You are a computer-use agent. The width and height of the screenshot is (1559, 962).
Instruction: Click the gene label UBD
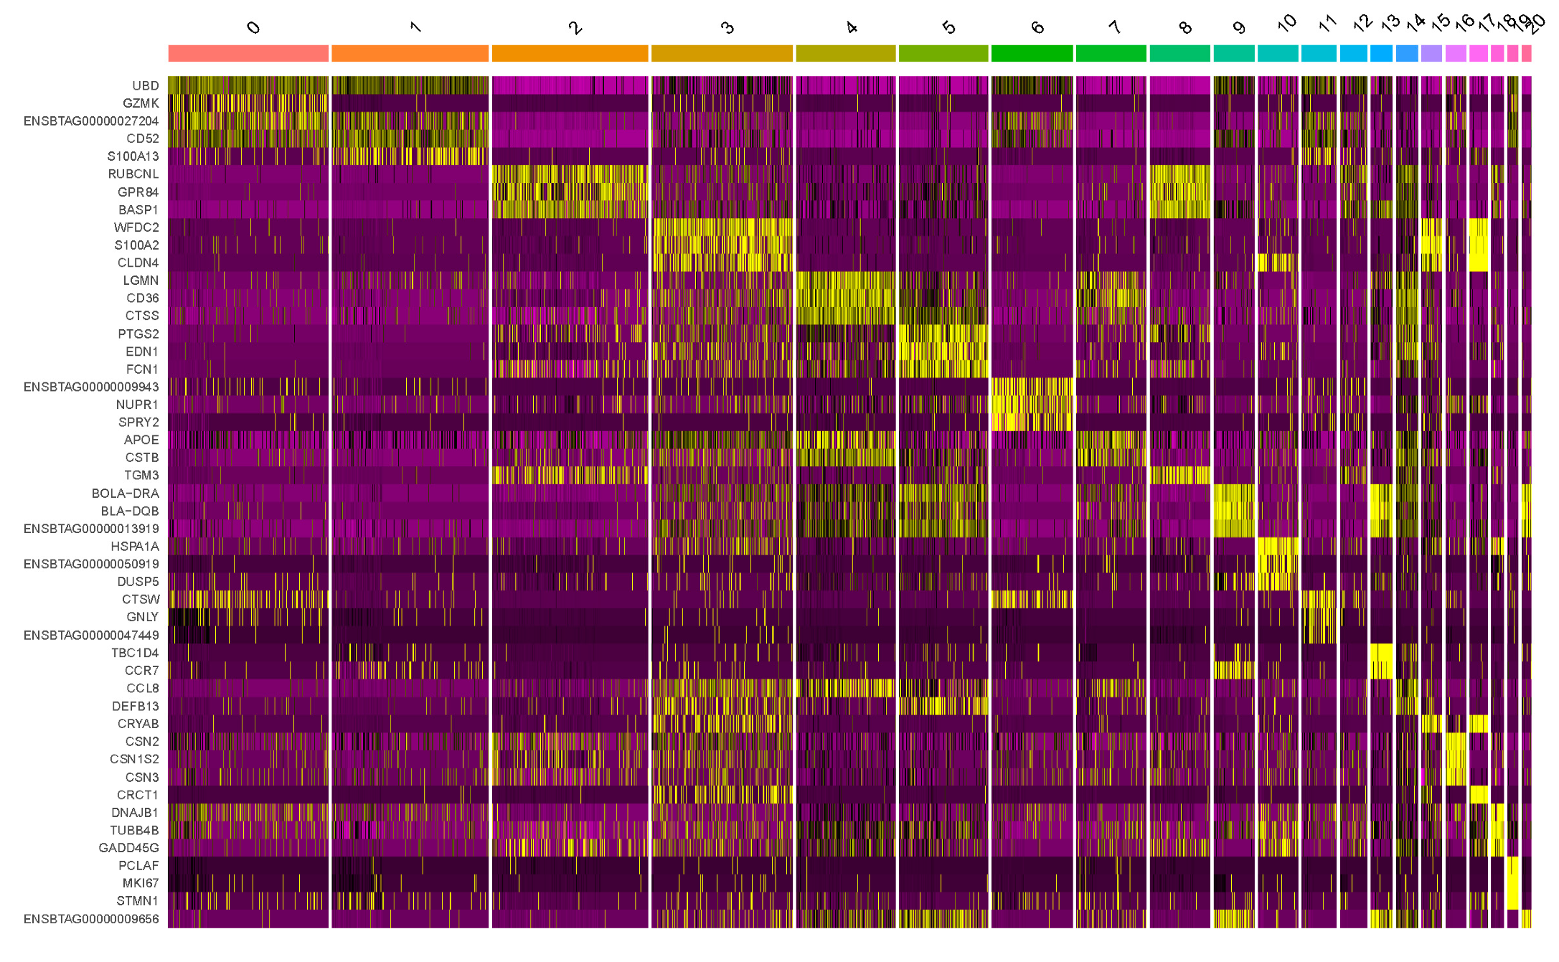click(x=145, y=85)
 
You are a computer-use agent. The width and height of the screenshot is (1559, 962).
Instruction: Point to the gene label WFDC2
click(x=136, y=227)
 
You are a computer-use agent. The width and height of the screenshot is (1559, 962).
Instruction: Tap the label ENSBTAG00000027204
click(x=91, y=121)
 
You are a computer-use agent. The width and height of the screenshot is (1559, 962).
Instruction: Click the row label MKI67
click(x=140, y=883)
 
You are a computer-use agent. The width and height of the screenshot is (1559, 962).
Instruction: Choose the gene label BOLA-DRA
click(x=125, y=494)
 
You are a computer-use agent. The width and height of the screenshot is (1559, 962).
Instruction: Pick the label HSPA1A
click(x=134, y=547)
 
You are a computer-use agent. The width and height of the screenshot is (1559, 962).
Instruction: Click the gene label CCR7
click(x=141, y=671)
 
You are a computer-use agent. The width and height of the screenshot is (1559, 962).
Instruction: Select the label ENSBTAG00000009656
click(x=91, y=919)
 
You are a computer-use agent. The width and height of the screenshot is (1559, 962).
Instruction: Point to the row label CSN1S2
click(x=134, y=759)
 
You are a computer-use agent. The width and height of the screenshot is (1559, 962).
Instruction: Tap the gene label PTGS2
click(x=138, y=334)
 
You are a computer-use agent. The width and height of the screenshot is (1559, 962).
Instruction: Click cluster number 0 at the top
click(x=253, y=28)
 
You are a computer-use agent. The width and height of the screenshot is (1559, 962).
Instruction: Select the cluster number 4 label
click(x=851, y=28)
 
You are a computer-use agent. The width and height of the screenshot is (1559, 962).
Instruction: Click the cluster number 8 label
click(x=1184, y=28)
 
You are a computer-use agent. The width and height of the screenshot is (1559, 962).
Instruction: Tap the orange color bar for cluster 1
click(x=410, y=53)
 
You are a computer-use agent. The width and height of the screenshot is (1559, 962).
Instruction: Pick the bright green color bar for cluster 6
click(x=1032, y=53)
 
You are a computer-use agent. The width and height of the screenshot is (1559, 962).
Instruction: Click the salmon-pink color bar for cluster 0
click(x=248, y=53)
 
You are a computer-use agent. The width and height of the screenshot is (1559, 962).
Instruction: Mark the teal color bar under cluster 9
click(x=1234, y=53)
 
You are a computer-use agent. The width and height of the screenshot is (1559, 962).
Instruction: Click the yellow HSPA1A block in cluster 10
click(x=1277, y=547)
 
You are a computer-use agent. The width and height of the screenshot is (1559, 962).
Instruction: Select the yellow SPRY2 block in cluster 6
click(x=1032, y=423)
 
